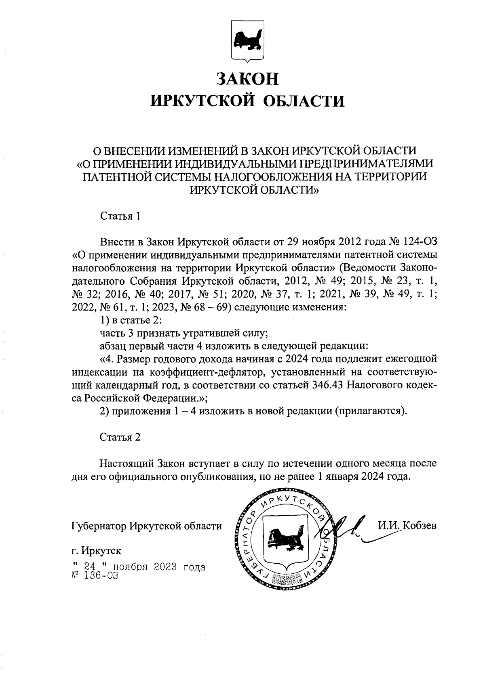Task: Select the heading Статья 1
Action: point(120,216)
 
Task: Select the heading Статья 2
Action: point(120,437)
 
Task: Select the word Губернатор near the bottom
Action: point(99,526)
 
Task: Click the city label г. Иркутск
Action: point(96,551)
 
